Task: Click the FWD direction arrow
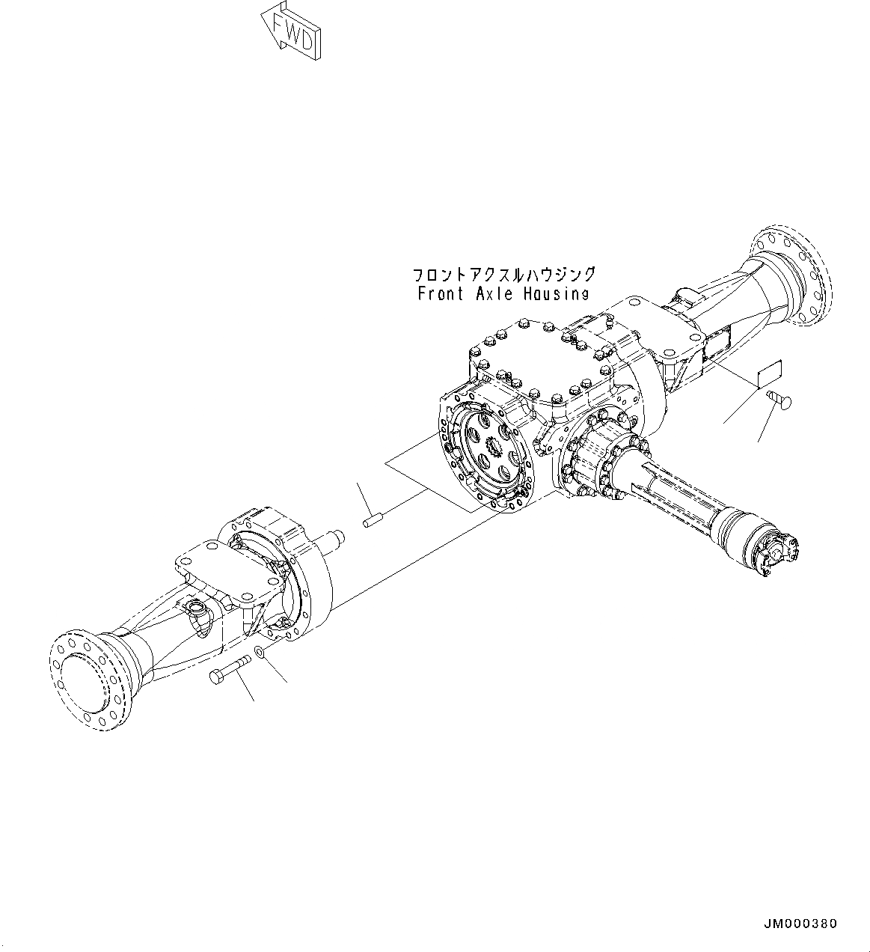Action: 292,31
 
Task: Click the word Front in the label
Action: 441,293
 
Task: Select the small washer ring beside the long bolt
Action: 260,653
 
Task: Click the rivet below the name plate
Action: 781,402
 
